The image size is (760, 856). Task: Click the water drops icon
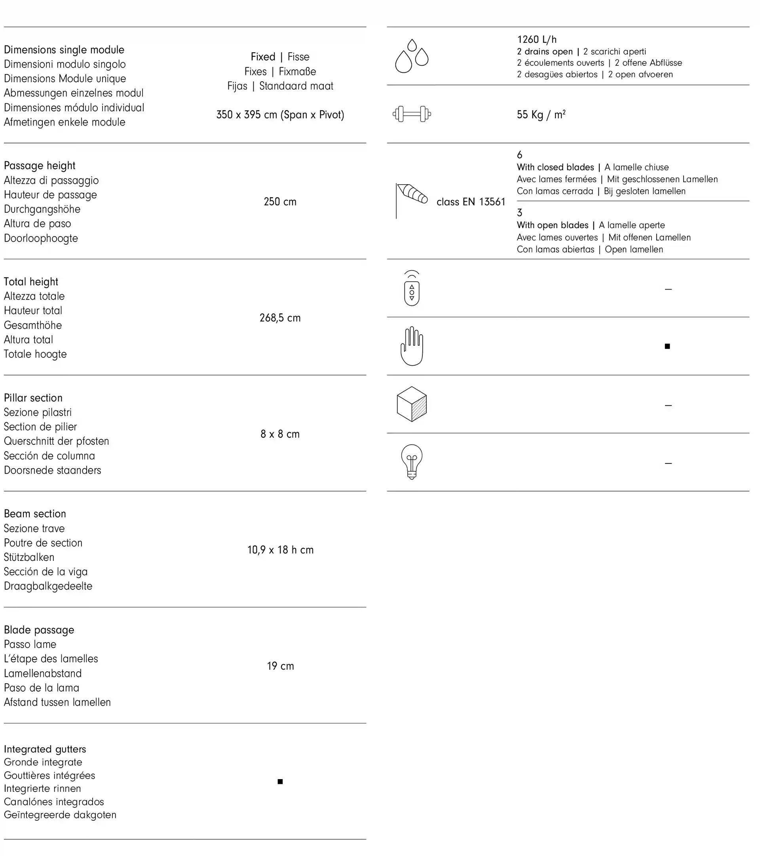(412, 56)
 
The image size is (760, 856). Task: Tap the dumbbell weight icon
(412, 114)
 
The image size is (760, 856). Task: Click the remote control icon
(412, 288)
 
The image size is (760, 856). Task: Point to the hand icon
(412, 346)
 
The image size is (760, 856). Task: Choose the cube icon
(412, 404)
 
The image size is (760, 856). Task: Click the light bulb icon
(412, 462)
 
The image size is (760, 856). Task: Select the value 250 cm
(280, 202)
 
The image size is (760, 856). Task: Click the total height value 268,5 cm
(280, 318)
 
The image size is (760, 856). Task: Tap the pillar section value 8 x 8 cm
(280, 434)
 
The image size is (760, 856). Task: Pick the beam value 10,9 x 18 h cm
(280, 550)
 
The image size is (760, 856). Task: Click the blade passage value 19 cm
(280, 666)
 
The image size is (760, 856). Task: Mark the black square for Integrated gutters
(280, 782)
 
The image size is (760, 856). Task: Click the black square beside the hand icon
(667, 346)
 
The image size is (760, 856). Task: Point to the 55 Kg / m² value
(541, 114)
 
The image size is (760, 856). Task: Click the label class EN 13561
(471, 202)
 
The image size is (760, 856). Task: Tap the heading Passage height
(40, 166)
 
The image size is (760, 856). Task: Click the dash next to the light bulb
(668, 463)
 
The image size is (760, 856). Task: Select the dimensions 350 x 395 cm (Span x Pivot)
(280, 115)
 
